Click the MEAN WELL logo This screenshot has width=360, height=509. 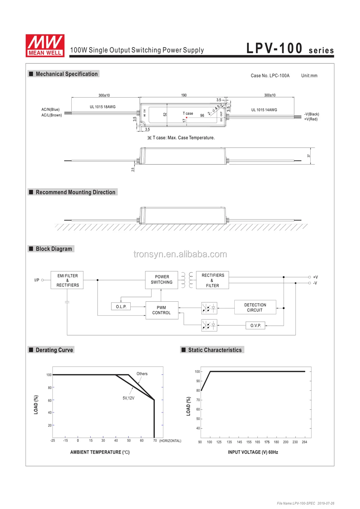pos(45,46)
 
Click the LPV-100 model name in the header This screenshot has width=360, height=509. pos(274,48)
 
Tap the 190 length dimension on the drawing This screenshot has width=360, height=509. pos(184,95)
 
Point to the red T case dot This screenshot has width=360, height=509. pos(186,118)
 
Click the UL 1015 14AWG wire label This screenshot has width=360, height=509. pos(264,110)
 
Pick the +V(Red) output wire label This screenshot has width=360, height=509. pos(311,119)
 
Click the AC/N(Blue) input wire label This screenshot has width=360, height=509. pos(50,109)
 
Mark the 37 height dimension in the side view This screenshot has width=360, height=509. pos(309,156)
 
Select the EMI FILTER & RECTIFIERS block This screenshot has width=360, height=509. pos(67,280)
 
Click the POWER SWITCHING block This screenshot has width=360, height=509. pos(162,280)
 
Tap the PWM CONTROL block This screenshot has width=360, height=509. pos(162,310)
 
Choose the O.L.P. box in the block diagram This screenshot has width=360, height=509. pos(121,307)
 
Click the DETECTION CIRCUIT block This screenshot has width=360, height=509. pos(255,307)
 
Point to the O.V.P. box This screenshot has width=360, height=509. pos(256,325)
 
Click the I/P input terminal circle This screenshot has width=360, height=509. pos(42,280)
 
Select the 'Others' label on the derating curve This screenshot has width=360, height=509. pos(142,374)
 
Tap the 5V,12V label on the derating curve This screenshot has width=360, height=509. pos(128,398)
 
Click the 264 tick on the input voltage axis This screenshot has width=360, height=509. pos(305,442)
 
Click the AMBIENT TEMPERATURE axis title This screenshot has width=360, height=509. pos(100,452)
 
